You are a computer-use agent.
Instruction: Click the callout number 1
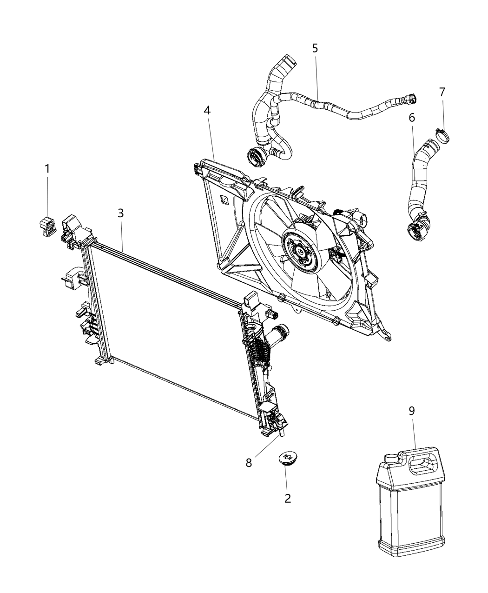pos(47,168)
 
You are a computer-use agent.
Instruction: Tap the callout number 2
pos(288,498)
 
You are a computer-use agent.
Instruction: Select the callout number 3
pos(120,213)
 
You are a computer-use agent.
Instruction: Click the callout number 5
pos(315,47)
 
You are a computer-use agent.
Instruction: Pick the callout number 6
pos(412,118)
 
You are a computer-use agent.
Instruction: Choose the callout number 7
pos(442,92)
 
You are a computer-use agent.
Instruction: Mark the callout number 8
pos(249,463)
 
